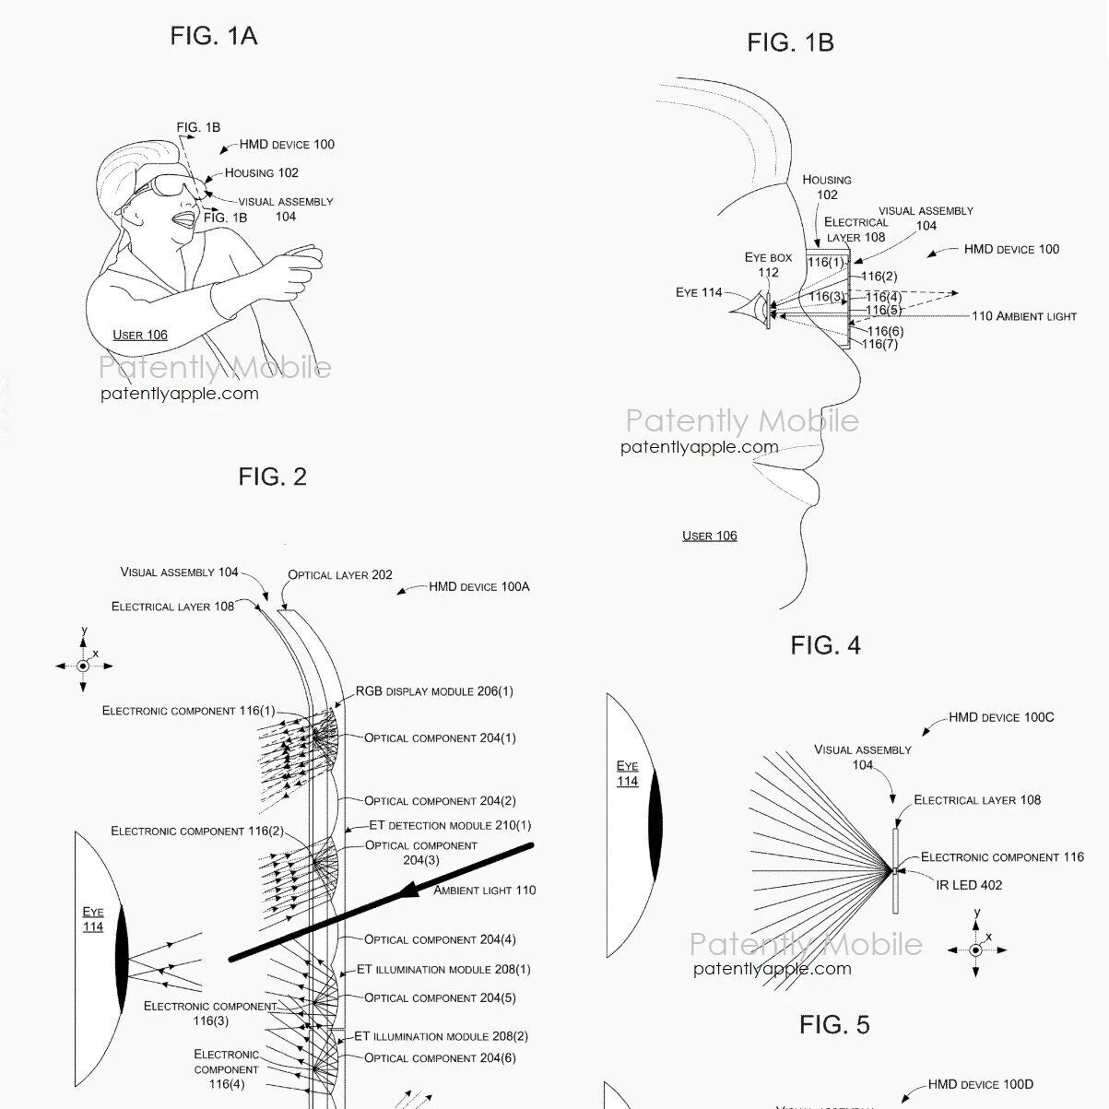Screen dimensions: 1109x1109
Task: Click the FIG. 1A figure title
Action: pos(213,36)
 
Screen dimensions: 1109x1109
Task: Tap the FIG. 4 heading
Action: pos(825,645)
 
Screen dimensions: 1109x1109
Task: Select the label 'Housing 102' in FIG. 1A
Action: pos(262,172)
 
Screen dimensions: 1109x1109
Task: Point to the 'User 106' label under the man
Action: pos(140,335)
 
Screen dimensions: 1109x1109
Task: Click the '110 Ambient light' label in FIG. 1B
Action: pos(1024,316)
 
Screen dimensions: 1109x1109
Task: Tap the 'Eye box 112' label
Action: pos(768,265)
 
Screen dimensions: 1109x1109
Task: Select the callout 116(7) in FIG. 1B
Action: pos(880,345)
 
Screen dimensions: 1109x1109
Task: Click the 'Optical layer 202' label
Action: pos(340,574)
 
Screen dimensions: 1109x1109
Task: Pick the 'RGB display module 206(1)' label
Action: pos(434,691)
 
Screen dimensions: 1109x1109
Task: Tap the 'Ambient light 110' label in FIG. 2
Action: pos(484,891)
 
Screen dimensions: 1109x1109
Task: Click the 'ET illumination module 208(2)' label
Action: pos(442,1036)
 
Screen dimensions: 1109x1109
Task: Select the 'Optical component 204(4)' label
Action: pos(440,939)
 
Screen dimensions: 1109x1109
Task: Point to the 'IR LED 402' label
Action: pos(969,885)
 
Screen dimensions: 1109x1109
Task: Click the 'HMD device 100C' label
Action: pos(1001,717)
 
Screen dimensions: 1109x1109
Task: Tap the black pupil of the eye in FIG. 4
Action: pos(654,825)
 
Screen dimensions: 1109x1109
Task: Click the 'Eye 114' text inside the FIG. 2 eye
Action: pos(93,919)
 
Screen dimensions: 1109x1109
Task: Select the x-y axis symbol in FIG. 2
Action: pos(83,665)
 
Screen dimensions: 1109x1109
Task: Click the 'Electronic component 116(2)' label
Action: pos(197,831)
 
